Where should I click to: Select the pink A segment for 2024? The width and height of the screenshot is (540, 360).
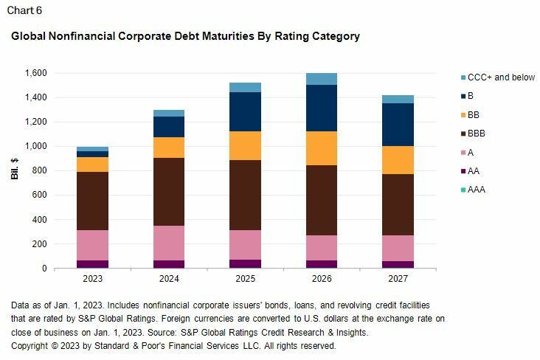pos(169,243)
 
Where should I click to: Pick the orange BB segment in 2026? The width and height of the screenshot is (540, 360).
pos(322,148)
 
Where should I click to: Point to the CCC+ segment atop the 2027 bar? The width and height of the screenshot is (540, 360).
pos(398,99)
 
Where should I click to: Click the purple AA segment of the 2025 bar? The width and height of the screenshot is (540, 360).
pos(245,263)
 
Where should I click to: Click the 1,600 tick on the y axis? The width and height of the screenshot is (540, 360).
pos(35,73)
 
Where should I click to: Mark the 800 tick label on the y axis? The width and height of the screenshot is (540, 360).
pos(40,170)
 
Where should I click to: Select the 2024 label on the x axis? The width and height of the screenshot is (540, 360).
pos(169,280)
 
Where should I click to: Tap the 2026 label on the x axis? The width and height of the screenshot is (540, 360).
pos(322,280)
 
